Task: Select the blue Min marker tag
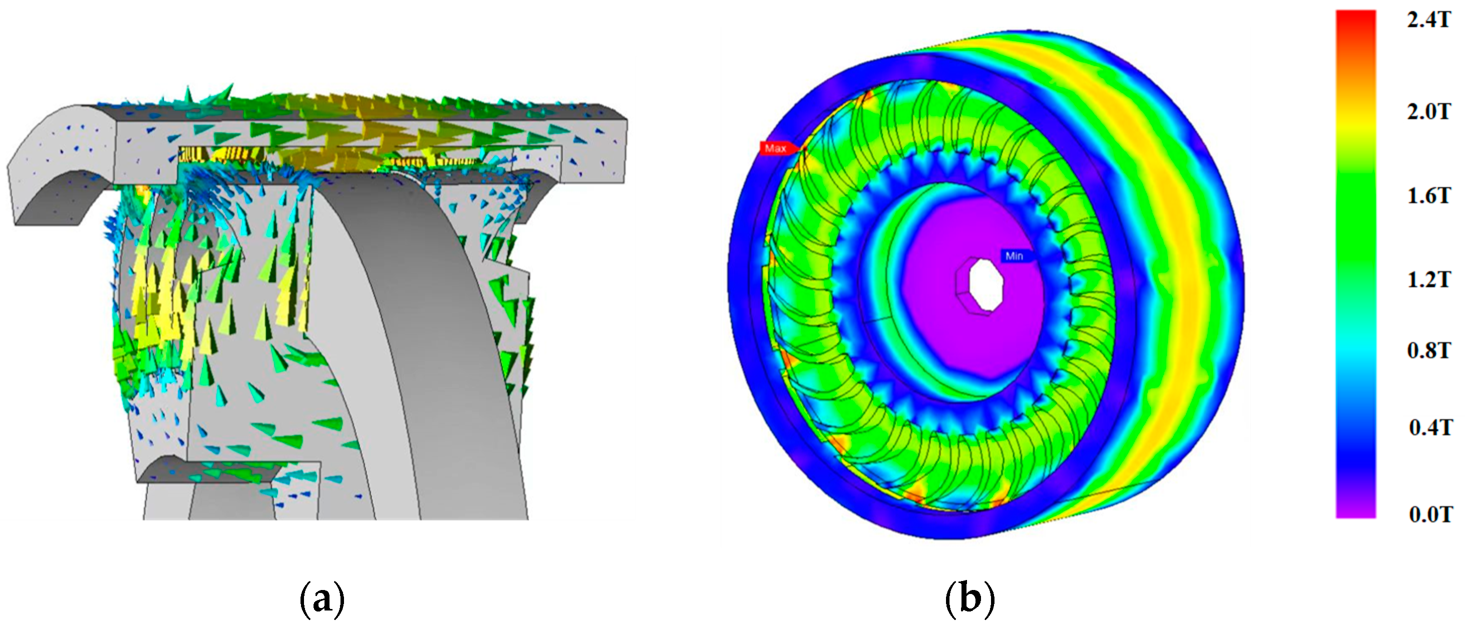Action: (x=1015, y=256)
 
